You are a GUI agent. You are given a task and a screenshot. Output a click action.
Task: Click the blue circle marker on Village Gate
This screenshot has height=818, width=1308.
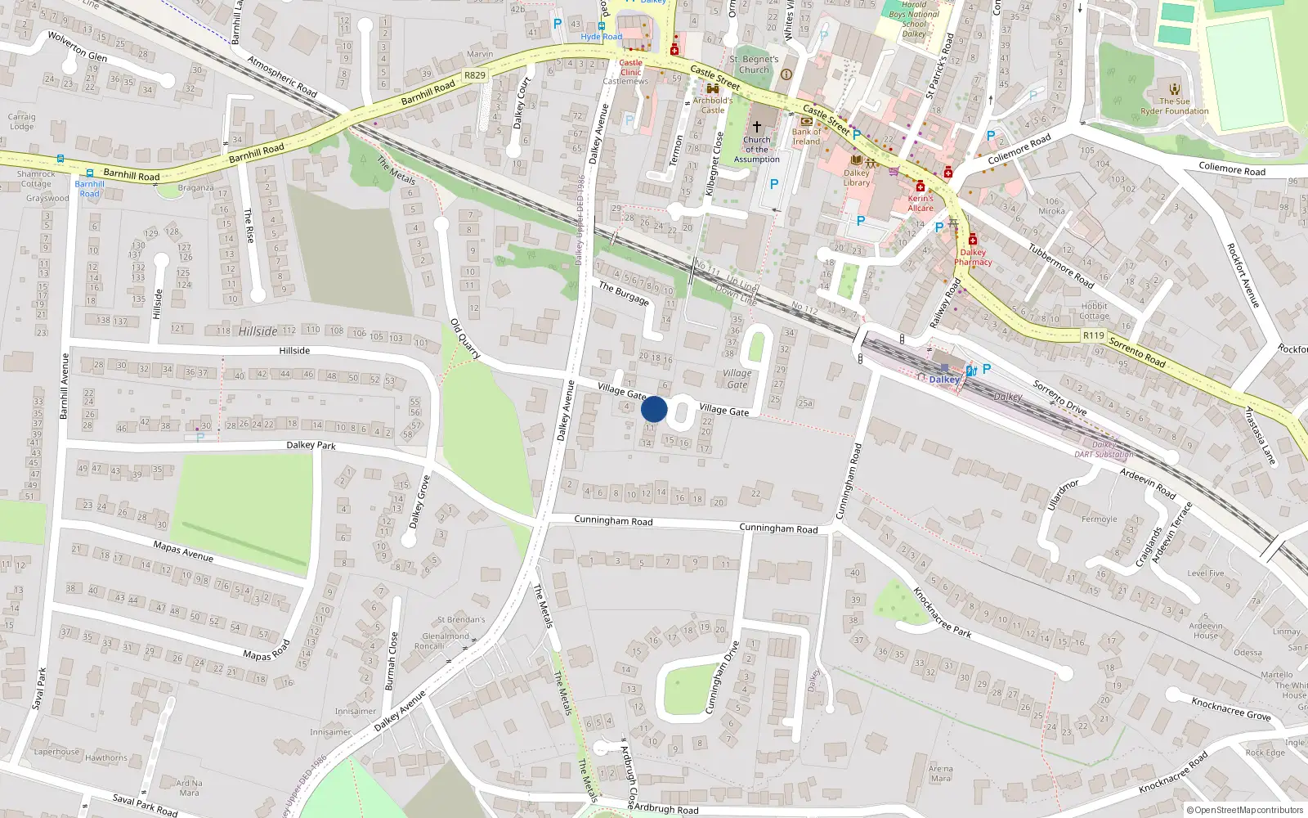click(654, 409)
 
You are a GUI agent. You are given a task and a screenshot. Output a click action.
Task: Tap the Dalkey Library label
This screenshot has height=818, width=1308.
click(857, 178)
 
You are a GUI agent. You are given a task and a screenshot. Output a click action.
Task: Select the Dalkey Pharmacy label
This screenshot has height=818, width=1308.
click(973, 257)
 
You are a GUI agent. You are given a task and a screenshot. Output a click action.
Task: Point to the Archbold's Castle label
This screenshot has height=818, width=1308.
click(713, 105)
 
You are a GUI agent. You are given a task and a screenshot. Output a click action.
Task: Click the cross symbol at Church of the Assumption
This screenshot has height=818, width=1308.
click(757, 127)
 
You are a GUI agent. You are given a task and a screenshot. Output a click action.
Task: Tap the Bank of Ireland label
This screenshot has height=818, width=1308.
click(806, 137)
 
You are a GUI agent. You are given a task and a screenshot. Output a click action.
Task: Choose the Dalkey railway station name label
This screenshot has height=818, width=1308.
click(944, 380)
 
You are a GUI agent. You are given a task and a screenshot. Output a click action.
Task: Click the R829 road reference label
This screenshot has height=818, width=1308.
click(475, 75)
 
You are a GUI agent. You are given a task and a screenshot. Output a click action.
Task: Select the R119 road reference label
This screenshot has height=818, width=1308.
click(1094, 335)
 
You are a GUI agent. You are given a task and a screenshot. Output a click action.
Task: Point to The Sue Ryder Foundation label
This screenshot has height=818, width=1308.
click(1175, 106)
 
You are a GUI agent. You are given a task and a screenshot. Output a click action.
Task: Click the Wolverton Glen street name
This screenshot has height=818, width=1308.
click(78, 47)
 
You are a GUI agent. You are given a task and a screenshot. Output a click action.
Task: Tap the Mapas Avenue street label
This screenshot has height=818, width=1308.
click(183, 551)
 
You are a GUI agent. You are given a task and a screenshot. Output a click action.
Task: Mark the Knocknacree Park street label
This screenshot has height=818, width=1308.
click(942, 612)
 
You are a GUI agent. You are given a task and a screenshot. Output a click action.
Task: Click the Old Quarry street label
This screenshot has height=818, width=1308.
click(465, 339)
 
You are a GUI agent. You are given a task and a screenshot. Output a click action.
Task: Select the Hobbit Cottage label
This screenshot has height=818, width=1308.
click(1094, 312)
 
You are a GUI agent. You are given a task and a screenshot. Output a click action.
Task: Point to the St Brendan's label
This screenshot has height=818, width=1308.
click(461, 620)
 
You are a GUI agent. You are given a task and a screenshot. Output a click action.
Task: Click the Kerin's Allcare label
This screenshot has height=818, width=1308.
click(921, 203)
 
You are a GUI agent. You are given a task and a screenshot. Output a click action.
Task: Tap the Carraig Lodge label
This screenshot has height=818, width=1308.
click(22, 122)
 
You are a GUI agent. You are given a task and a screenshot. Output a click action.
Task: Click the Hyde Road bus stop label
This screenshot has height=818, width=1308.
click(602, 37)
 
